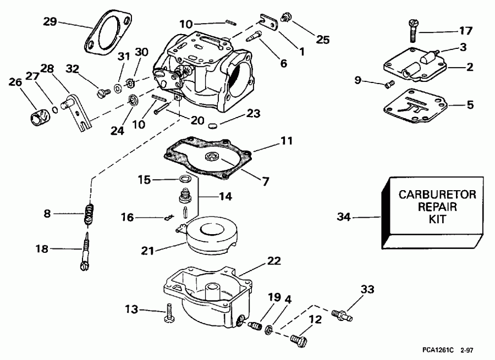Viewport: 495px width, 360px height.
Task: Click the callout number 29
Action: point(50,21)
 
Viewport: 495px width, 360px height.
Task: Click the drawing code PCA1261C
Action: point(438,349)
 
